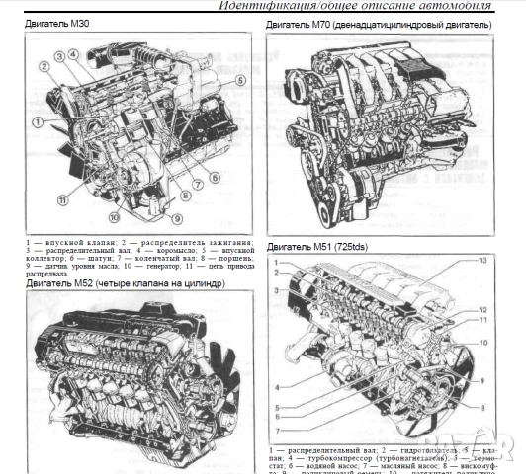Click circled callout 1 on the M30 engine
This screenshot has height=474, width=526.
click(x=38, y=121)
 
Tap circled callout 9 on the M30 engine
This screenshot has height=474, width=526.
click(x=177, y=219)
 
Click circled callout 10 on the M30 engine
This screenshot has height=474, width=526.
click(x=115, y=217)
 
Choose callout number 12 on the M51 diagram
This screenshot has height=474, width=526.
click(x=483, y=309)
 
